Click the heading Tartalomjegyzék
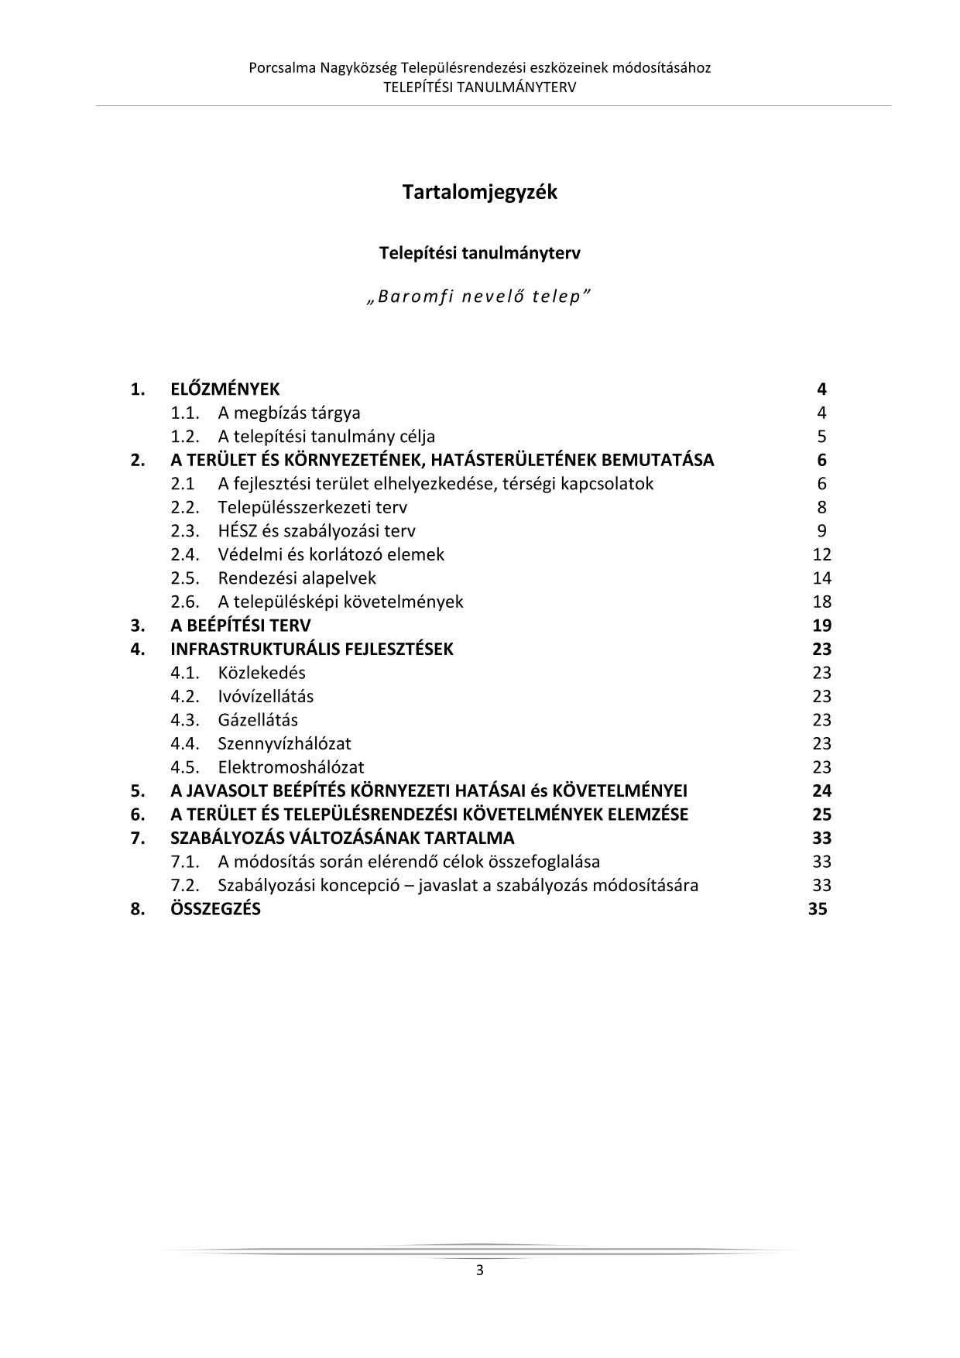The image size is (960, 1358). [x=479, y=192]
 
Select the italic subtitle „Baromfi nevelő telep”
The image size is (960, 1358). [x=479, y=297]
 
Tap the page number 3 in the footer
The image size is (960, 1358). [x=479, y=1270]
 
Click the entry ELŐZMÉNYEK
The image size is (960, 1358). [x=225, y=389]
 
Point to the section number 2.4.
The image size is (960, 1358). [x=185, y=554]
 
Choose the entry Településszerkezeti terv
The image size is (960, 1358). [x=312, y=507]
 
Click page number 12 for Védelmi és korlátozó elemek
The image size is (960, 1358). [x=821, y=554]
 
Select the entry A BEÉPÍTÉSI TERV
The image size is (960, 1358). [x=240, y=626]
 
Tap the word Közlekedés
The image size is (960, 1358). [x=262, y=673]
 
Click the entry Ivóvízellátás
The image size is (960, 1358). [x=266, y=696]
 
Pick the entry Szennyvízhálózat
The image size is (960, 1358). [x=284, y=743]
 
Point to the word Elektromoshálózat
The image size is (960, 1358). [x=290, y=767]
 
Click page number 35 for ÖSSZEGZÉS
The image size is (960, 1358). [x=818, y=909]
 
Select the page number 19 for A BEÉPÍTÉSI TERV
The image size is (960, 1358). [x=821, y=626]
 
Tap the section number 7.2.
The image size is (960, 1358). [x=185, y=885]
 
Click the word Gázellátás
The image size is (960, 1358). [x=258, y=720]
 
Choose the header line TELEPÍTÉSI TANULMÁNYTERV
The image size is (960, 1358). [x=479, y=87]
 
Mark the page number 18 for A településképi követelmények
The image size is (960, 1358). [x=821, y=602]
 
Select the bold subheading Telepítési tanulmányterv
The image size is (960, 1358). [x=479, y=253]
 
